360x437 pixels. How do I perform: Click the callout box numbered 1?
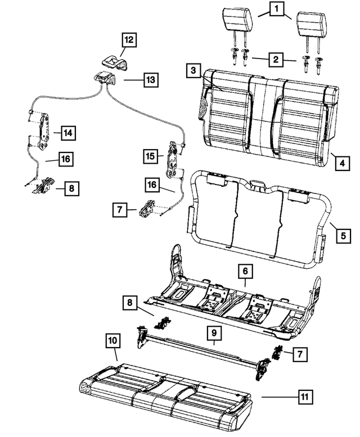point(276,10)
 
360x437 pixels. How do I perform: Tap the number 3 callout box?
point(193,71)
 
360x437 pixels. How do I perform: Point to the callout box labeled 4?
point(341,165)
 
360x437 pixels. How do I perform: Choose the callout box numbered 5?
point(341,236)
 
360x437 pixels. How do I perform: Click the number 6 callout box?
point(245,272)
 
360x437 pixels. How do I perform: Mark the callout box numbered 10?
point(112,341)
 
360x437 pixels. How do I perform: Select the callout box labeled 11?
point(304,398)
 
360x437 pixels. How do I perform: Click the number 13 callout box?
point(148,80)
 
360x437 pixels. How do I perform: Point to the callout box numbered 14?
point(67,133)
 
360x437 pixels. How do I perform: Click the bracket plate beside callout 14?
point(43,133)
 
